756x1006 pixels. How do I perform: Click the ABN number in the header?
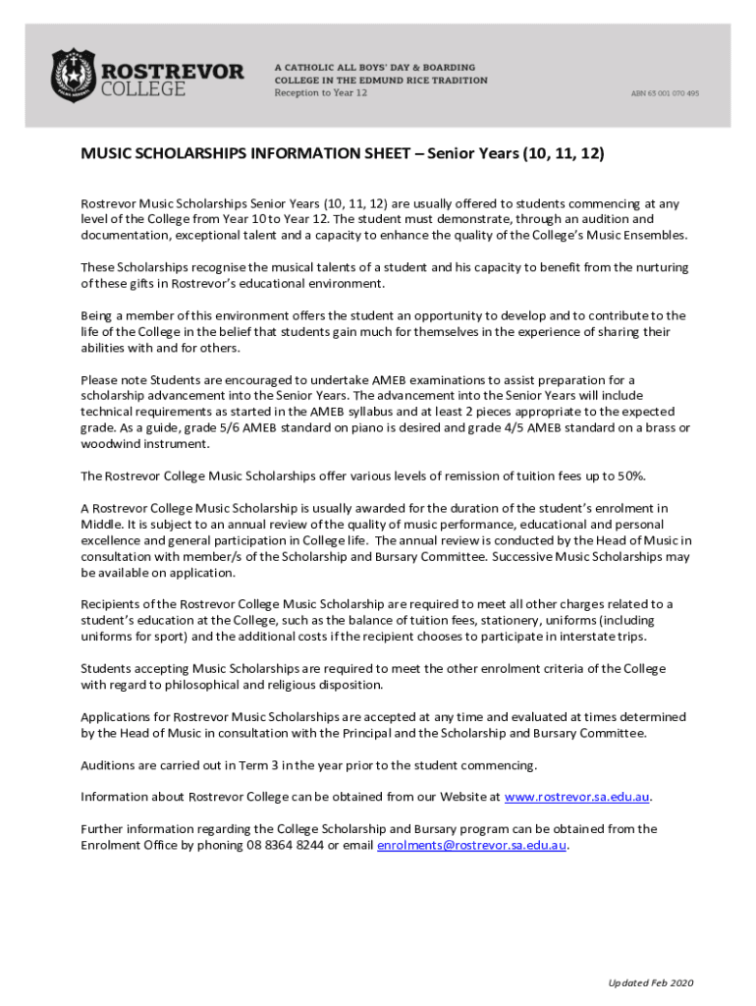665,93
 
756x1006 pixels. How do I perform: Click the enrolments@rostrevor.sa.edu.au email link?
471,845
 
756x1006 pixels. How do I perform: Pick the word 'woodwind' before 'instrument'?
111,443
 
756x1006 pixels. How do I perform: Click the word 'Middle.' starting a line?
102,524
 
